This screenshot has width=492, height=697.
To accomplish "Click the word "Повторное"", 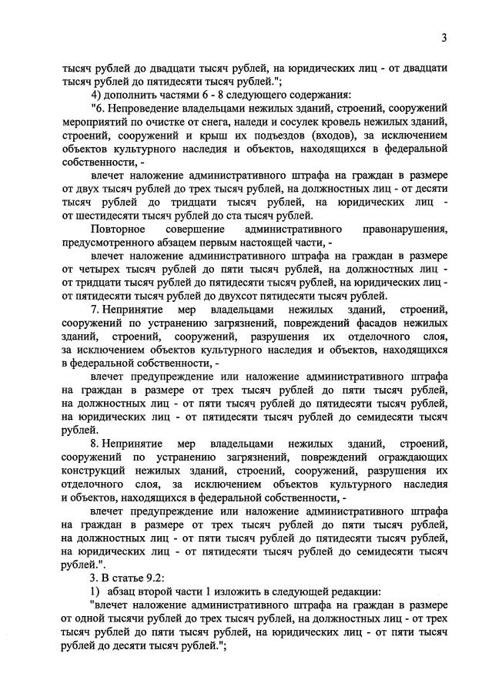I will point(117,230).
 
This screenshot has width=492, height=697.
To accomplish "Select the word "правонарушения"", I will point(406,230).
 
